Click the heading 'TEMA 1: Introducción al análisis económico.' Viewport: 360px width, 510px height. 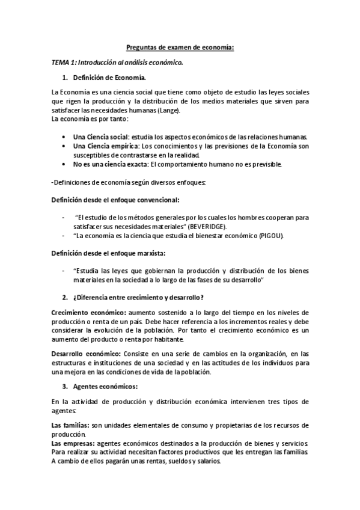pyautogui.click(x=117, y=62)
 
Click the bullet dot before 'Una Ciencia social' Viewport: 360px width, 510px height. pyautogui.click(x=64, y=137)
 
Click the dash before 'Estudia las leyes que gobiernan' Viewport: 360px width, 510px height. pyautogui.click(x=63, y=271)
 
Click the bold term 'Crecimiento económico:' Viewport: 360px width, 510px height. pyautogui.click(x=88, y=313)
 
